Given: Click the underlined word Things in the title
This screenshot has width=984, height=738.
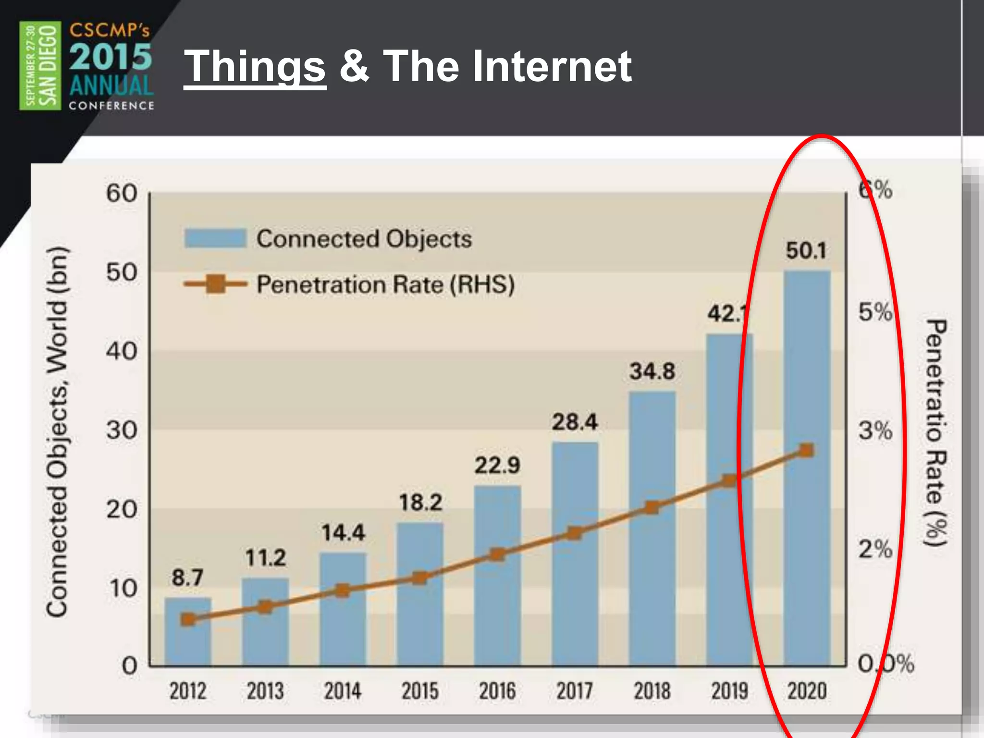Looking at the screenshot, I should (255, 67).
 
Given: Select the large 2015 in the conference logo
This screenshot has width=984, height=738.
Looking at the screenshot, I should (111, 57).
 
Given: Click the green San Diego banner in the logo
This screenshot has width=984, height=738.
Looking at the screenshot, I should (40, 66).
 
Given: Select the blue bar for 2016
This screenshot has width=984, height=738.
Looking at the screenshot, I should (497, 601).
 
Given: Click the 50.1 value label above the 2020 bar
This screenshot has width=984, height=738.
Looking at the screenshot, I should (806, 251).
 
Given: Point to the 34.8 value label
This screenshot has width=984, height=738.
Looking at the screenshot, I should (652, 371).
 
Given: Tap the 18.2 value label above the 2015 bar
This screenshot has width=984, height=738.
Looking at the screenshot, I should (420, 503).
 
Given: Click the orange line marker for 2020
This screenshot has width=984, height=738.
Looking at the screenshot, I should (806, 450).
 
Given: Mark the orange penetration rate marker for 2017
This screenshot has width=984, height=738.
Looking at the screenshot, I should (575, 533).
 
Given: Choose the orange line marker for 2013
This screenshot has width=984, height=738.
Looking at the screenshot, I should (265, 607).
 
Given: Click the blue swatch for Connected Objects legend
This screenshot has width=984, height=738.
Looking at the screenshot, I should (215, 238).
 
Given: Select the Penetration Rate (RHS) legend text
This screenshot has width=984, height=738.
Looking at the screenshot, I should (385, 284).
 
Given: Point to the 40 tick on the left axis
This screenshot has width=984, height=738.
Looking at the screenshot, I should (122, 351).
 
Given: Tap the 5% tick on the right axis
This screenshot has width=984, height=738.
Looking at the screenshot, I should (875, 312).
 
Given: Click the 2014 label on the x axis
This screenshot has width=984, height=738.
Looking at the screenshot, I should (342, 691).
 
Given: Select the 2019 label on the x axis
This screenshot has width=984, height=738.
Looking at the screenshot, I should (729, 691).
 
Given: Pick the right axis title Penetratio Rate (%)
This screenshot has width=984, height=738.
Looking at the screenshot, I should (935, 432).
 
